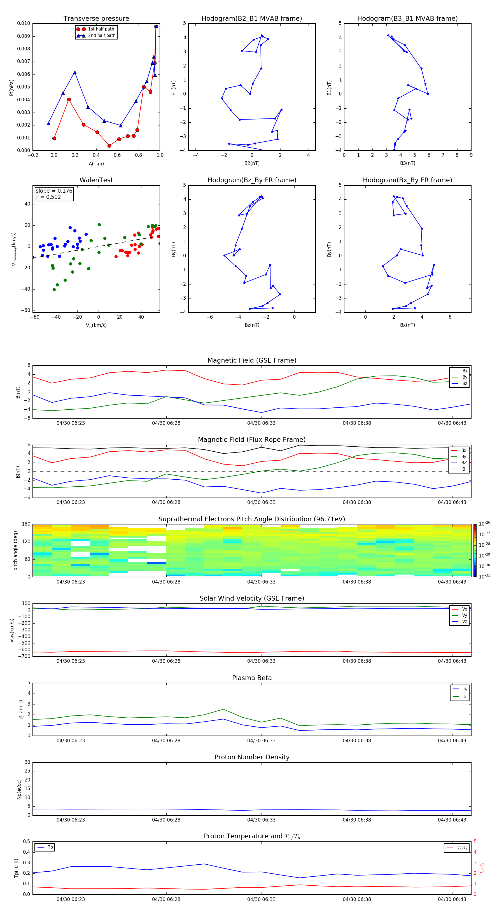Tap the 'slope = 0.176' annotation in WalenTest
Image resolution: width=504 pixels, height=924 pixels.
click(54, 191)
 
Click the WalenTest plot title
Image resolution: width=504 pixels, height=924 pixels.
click(96, 180)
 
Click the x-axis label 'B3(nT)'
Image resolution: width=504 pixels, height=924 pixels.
click(407, 163)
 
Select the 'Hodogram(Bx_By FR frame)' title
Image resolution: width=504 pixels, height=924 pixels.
click(407, 180)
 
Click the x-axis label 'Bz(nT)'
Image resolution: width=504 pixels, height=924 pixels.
click(252, 325)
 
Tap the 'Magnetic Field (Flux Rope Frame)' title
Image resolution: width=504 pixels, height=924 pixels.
click(251, 440)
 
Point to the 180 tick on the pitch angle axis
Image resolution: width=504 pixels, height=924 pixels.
click(26, 524)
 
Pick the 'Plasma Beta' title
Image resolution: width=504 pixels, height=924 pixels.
click(251, 678)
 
